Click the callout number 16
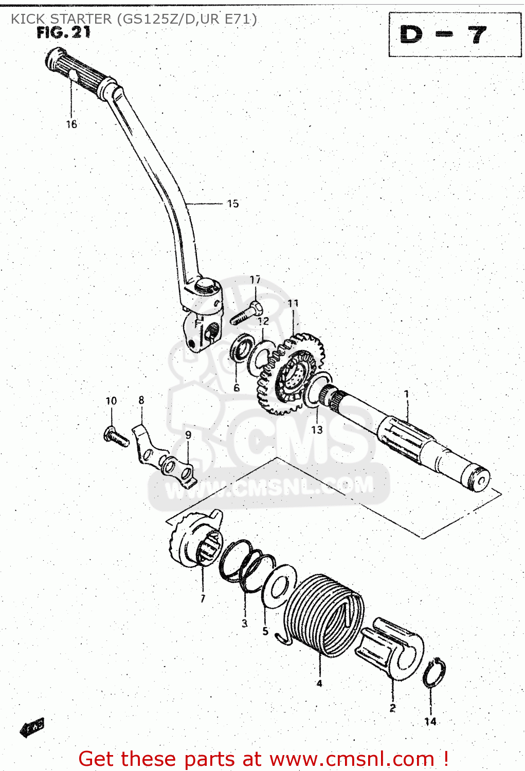point(71,124)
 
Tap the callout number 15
point(233,204)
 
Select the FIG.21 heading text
point(64,33)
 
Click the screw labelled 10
point(116,437)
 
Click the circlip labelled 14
point(435,672)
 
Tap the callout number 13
point(317,430)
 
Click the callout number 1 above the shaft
point(406,394)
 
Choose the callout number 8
point(141,400)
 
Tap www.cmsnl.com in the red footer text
point(352,759)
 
